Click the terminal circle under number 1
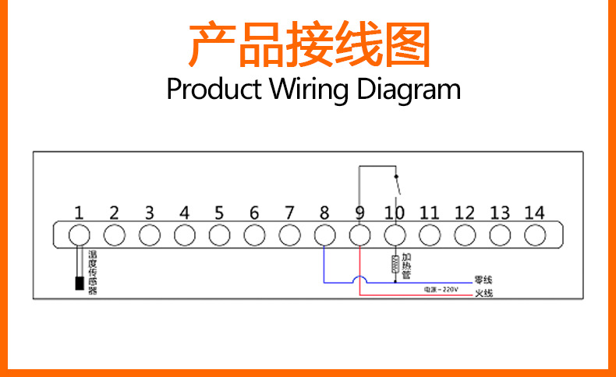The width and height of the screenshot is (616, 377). click(79, 234)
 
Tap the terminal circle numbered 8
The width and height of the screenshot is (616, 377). click(324, 234)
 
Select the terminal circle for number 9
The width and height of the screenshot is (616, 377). click(359, 234)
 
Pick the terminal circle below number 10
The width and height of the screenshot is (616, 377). click(395, 234)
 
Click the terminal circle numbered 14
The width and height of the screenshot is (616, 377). click(534, 234)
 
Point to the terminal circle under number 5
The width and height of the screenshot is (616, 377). click(219, 234)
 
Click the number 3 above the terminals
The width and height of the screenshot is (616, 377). click(149, 212)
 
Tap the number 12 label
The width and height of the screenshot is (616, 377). click(465, 212)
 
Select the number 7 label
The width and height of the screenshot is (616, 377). click(289, 212)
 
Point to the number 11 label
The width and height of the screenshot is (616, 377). click(430, 212)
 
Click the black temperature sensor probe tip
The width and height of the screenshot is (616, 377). click(79, 284)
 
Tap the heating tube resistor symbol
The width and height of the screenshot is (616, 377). click(395, 263)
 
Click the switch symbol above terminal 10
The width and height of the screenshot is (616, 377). click(396, 185)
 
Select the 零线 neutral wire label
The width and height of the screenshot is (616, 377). click(483, 280)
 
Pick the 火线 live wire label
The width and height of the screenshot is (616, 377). click(483, 294)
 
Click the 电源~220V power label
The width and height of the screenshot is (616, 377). click(441, 290)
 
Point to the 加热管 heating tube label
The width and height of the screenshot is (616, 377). click(406, 265)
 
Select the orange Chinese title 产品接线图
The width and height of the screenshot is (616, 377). click(309, 45)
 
